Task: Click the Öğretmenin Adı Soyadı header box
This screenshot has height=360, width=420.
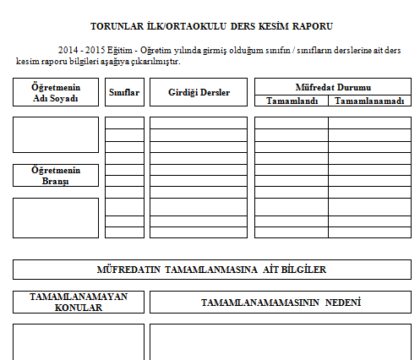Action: (x=55, y=92)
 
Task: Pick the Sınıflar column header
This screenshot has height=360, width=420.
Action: (x=124, y=91)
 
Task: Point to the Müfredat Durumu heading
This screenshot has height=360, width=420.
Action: (x=332, y=86)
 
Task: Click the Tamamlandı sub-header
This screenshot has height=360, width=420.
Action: (x=291, y=101)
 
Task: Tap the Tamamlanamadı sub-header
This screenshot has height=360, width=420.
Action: (x=368, y=101)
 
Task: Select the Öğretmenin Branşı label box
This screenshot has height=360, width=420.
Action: (x=55, y=175)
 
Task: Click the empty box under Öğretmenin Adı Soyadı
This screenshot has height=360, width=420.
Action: (x=55, y=134)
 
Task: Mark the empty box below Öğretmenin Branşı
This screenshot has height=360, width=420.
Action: (x=55, y=217)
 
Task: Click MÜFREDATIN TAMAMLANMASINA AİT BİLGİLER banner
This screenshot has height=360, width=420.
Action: (x=211, y=270)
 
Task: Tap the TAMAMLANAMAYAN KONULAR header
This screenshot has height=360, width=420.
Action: (x=79, y=302)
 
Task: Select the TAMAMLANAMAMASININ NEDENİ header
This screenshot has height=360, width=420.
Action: (x=280, y=302)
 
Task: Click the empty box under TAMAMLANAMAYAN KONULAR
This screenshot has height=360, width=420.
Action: (x=79, y=341)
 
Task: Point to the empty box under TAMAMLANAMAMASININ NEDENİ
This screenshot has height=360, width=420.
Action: (x=280, y=341)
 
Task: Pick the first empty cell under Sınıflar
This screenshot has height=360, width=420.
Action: (x=124, y=123)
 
